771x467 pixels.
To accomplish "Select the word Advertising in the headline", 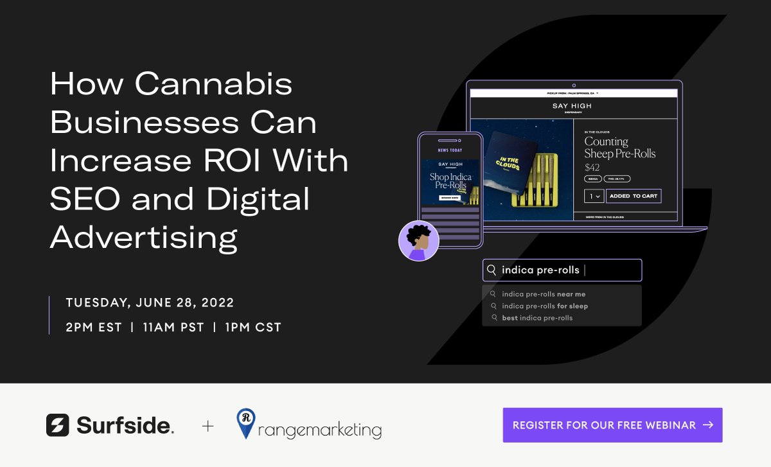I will pyautogui.click(x=143, y=238).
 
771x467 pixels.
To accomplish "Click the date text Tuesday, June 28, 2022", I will pyautogui.click(x=150, y=303).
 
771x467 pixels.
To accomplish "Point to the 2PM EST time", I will pyautogui.click(x=94, y=328).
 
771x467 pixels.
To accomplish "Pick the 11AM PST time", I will pyautogui.click(x=173, y=328).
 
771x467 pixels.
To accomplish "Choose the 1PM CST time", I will pyautogui.click(x=253, y=328).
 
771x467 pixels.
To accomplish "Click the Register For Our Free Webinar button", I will pyautogui.click(x=612, y=425).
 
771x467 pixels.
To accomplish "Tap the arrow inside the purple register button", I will pyautogui.click(x=708, y=425).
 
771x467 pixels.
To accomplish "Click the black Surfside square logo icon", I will pyautogui.click(x=57, y=425).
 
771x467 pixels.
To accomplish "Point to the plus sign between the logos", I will pyautogui.click(x=208, y=425).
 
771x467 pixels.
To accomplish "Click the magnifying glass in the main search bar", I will pyautogui.click(x=492, y=270).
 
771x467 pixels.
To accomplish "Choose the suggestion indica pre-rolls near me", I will pyautogui.click(x=544, y=294).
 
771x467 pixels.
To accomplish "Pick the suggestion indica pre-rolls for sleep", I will pyautogui.click(x=545, y=306).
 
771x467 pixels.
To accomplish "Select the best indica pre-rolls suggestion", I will pyautogui.click(x=537, y=318).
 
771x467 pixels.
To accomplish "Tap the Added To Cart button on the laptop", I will pyautogui.click(x=633, y=196).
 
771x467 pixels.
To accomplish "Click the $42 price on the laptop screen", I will pyautogui.click(x=592, y=168).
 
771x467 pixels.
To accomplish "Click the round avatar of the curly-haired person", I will pyautogui.click(x=418, y=241).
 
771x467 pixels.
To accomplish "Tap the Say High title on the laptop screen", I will pyautogui.click(x=572, y=106).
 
